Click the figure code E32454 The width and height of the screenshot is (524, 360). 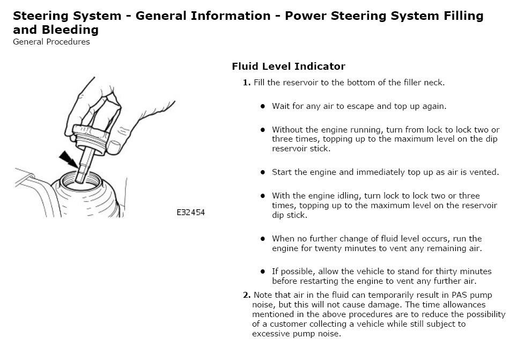click(190, 212)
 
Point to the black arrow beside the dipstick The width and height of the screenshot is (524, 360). click(69, 159)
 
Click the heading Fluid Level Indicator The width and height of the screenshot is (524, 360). click(289, 66)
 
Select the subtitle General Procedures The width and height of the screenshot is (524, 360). click(51, 42)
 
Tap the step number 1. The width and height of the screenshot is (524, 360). click(247, 83)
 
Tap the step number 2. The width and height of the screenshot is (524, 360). click(247, 295)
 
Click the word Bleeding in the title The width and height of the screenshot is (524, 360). click(70, 30)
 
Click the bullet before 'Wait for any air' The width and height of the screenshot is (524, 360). click(263, 106)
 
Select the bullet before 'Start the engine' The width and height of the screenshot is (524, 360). click(263, 172)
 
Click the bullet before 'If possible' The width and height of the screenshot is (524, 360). click(263, 271)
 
